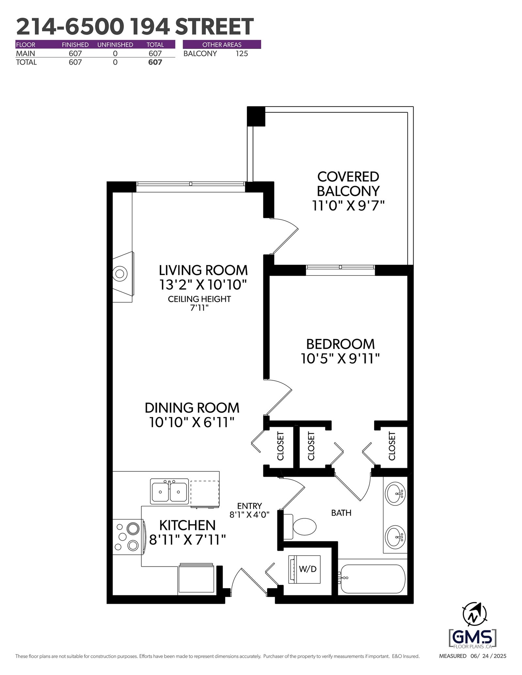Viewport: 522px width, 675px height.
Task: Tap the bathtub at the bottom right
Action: [372, 579]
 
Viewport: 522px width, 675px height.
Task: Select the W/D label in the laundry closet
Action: [308, 569]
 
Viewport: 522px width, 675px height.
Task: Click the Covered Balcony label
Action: [348, 183]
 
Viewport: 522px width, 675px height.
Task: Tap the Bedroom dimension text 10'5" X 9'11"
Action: [340, 359]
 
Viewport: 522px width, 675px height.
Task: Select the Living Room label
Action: [203, 270]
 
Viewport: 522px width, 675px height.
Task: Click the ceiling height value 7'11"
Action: [199, 308]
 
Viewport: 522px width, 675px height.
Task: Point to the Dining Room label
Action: [192, 408]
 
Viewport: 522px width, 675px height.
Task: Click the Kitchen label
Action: [187, 525]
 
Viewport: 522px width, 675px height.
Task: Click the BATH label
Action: [341, 513]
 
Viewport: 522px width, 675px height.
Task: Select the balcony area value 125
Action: [242, 53]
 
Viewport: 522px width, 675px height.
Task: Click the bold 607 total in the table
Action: [155, 62]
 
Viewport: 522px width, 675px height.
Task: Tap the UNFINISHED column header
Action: [115, 45]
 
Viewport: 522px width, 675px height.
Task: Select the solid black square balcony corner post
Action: [256, 116]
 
